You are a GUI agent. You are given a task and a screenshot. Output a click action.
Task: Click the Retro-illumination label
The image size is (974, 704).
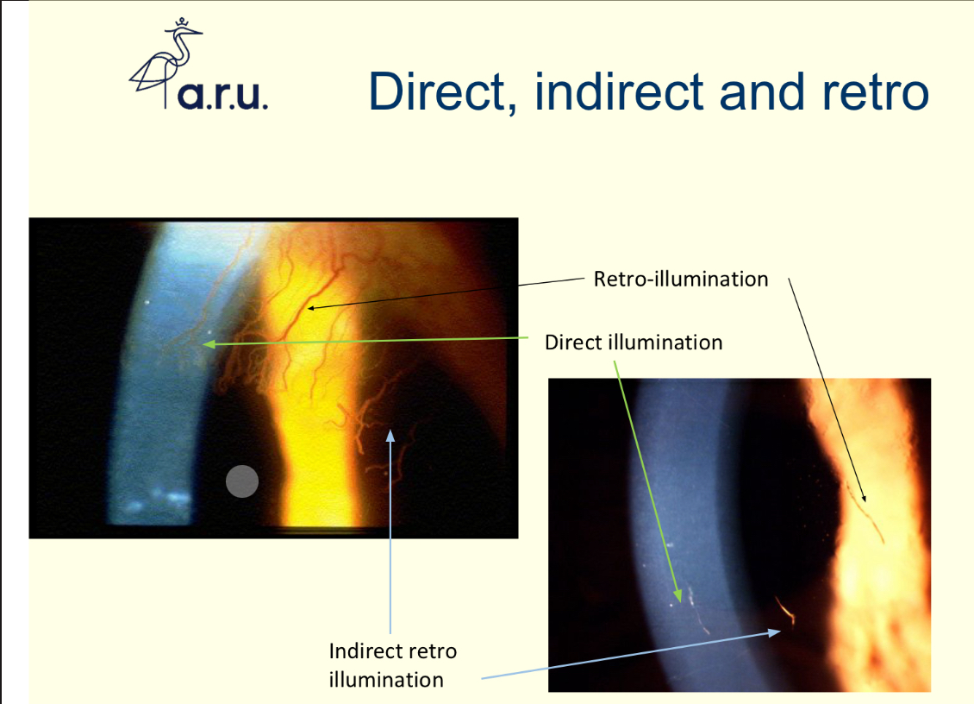point(680,280)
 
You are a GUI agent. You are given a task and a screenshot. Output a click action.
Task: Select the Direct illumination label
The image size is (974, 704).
point(634,343)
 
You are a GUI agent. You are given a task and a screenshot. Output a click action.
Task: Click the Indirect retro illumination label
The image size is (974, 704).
point(392,664)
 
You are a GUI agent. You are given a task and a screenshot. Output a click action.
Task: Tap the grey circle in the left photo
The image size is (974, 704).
point(242,481)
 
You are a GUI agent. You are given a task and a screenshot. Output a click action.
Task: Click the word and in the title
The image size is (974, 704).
point(757,91)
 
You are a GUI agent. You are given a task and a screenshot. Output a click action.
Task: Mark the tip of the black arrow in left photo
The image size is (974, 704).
point(308,307)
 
